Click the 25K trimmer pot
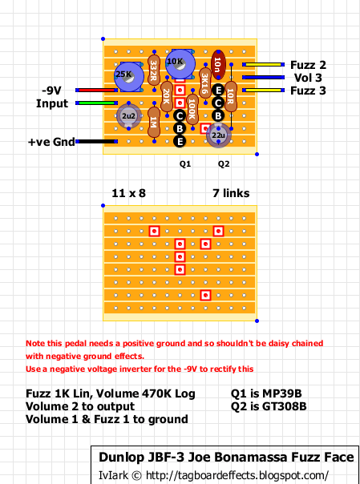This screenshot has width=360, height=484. (129, 77)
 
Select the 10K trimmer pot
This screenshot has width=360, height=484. (180, 64)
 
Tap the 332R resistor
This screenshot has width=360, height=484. (154, 71)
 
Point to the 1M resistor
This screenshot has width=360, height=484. (154, 123)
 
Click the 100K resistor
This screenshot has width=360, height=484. (192, 110)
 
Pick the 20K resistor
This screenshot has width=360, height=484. (167, 97)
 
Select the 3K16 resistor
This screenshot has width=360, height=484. (205, 83)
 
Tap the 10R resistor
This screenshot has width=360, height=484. (231, 97)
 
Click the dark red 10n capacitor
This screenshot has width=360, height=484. (218, 65)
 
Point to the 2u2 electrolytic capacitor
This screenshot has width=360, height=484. (129, 115)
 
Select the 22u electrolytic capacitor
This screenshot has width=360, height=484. (218, 135)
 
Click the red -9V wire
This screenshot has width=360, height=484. (97, 90)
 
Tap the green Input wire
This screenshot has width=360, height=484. (97, 103)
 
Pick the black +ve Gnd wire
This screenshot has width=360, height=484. (97, 141)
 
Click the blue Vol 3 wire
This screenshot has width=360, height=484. (263, 77)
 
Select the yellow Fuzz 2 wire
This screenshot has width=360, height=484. (263, 65)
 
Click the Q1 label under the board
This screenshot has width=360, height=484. (185, 164)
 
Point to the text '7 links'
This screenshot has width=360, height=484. (231, 193)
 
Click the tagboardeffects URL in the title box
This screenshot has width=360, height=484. (237, 475)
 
